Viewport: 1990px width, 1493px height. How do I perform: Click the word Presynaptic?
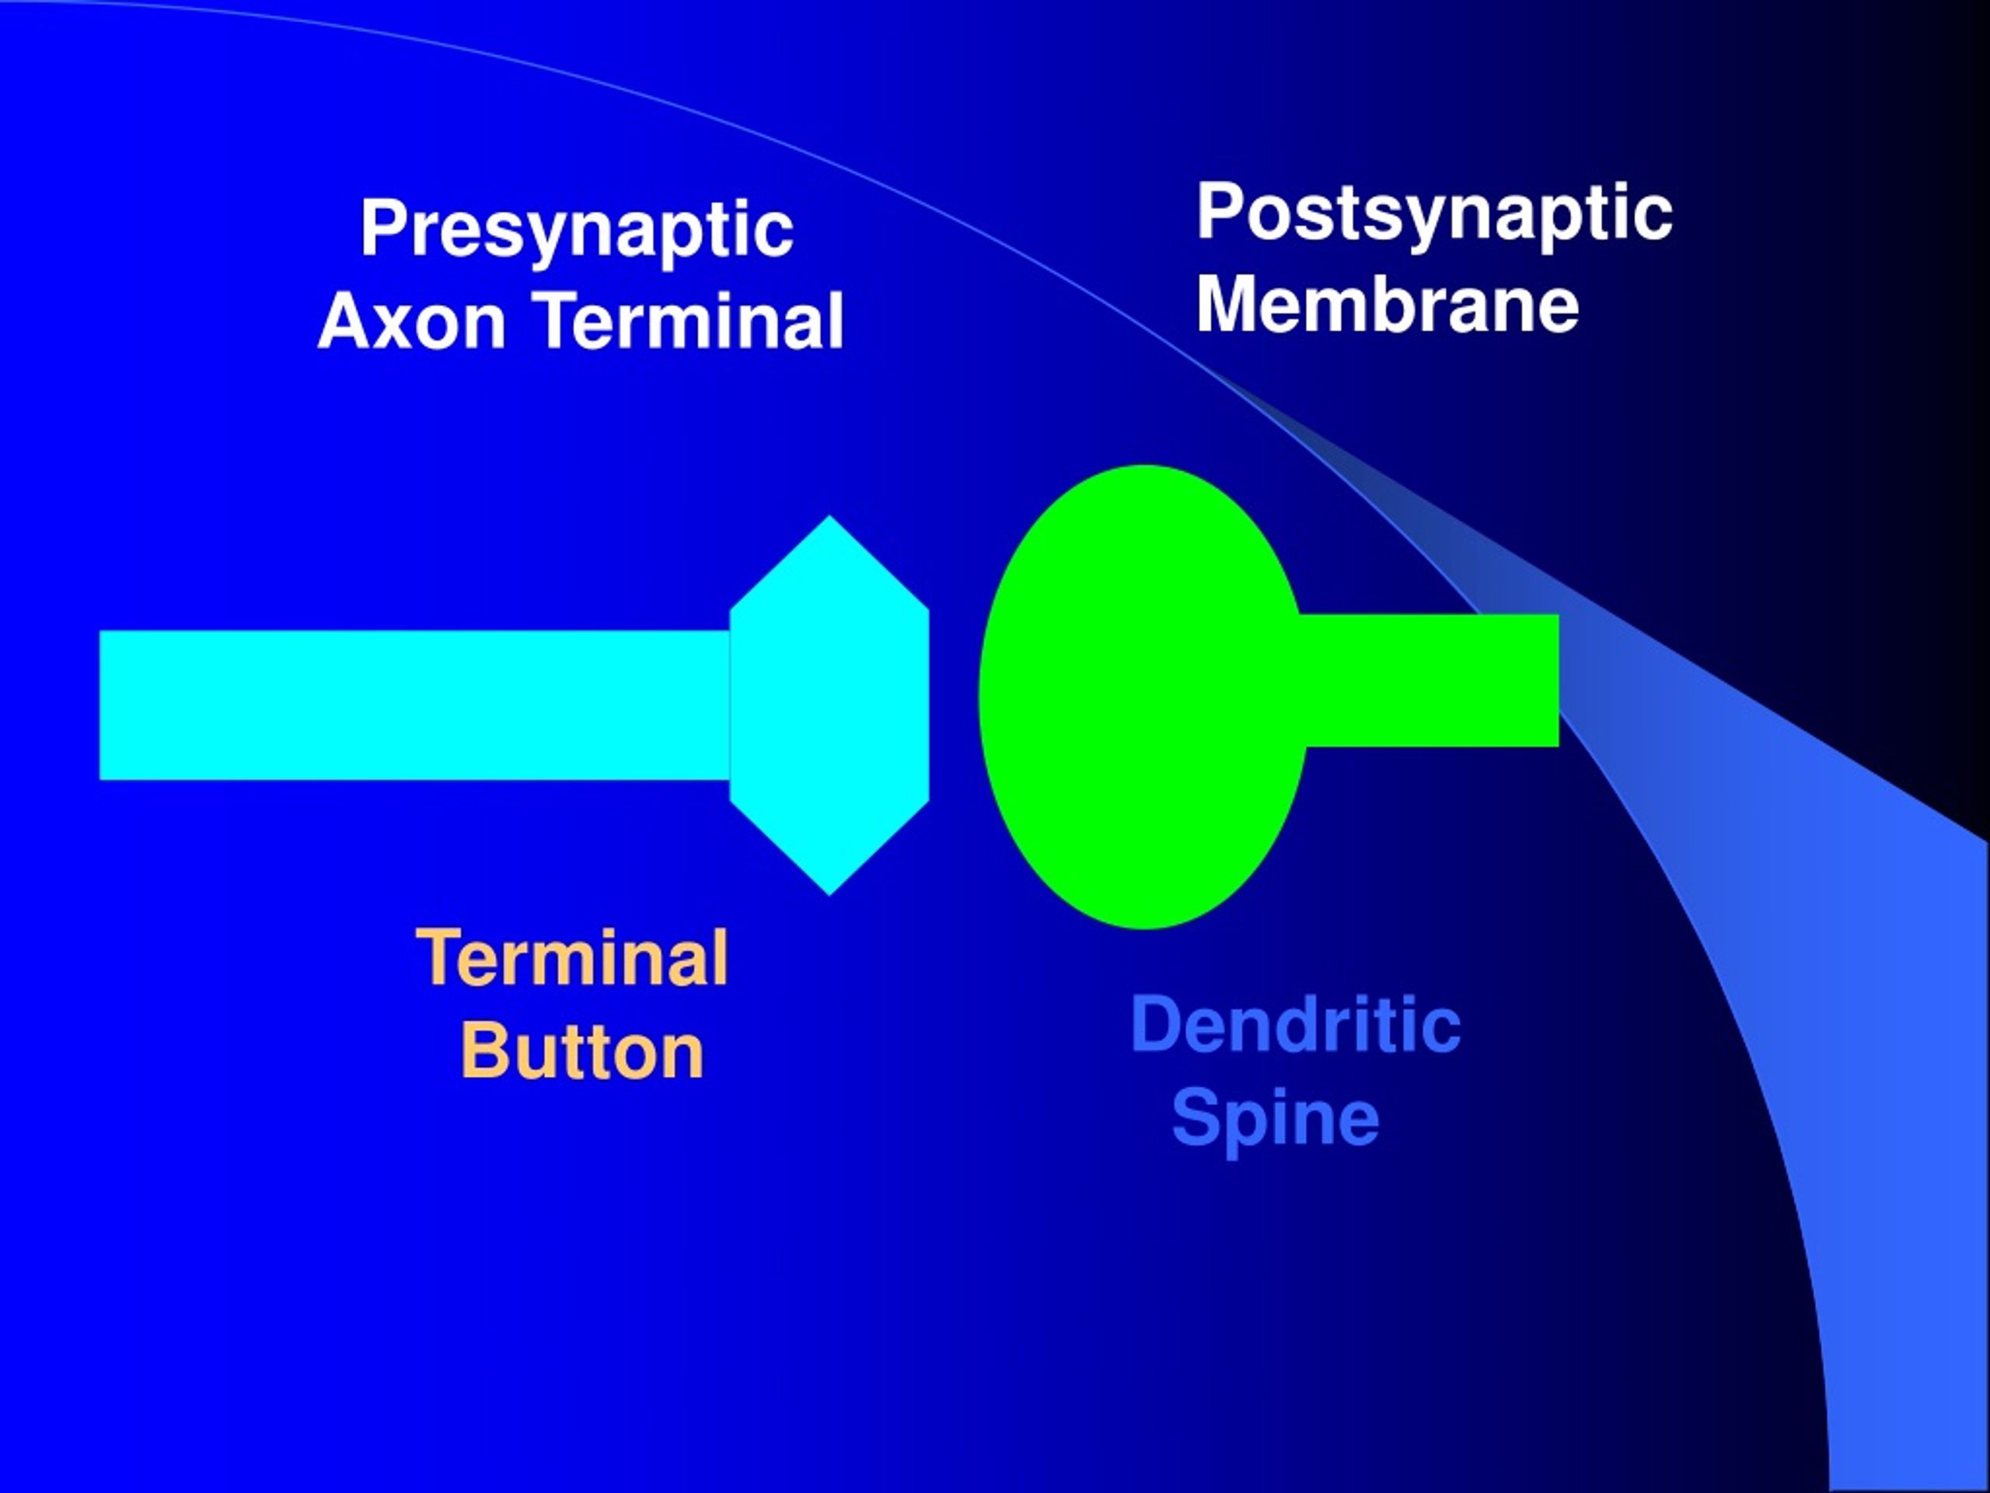tap(577, 231)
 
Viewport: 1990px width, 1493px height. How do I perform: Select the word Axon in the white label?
tap(411, 321)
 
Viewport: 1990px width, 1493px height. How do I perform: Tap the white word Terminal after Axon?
tap(691, 320)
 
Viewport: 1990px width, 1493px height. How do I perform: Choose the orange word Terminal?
tap(572, 957)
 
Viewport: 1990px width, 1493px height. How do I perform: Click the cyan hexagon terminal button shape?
tap(829, 705)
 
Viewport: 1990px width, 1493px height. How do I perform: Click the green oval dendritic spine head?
tap(1143, 697)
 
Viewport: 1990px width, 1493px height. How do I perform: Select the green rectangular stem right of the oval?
tap(1430, 680)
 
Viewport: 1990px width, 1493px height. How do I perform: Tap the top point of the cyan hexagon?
tap(829, 516)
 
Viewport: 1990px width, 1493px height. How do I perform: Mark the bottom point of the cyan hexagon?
tap(829, 894)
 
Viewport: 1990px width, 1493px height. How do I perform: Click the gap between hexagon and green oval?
tap(954, 702)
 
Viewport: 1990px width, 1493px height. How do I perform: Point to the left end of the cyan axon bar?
tap(99, 705)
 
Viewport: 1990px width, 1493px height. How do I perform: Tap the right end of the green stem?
tap(1558, 680)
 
